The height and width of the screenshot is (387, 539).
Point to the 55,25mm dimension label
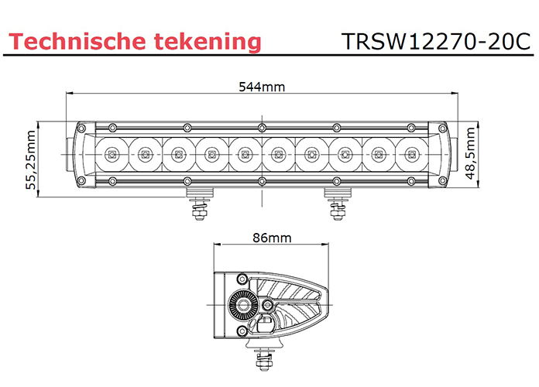[x=31, y=159]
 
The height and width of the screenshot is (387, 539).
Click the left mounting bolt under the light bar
[x=200, y=206]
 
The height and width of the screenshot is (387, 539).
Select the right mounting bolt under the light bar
[x=336, y=206]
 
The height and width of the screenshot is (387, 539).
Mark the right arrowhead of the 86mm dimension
[x=321, y=247]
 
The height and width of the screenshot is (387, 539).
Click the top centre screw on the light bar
[x=261, y=128]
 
